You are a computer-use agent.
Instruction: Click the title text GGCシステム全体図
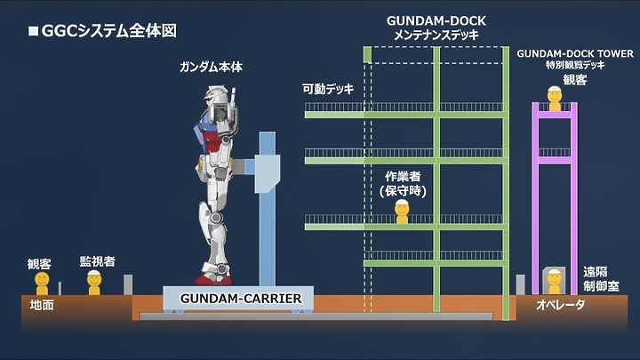109,31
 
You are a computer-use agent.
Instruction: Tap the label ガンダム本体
211,67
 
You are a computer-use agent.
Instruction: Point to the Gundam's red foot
212,280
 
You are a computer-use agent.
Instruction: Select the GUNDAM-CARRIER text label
241,299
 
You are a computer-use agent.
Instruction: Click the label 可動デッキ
328,89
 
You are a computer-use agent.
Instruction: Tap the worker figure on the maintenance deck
402,212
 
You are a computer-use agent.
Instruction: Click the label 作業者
403,176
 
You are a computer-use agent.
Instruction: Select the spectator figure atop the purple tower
555,99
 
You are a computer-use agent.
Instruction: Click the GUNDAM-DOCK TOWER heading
575,53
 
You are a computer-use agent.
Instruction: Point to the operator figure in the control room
555,282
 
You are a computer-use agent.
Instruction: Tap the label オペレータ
560,305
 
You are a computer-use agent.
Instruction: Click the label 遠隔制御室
601,279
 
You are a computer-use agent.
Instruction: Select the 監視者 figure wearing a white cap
94,283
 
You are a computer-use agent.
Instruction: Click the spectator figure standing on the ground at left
42,284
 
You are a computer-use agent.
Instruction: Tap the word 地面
42,305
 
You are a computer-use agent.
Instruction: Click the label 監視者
97,261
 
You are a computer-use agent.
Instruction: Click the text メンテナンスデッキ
436,35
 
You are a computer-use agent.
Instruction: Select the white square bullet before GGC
33,31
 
